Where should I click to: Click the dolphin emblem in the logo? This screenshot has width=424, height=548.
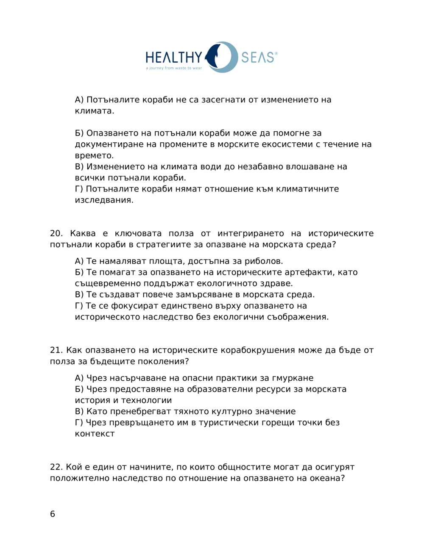point(217,57)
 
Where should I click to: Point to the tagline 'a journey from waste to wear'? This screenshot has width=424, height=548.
point(174,68)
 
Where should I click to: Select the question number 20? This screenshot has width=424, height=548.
point(56,233)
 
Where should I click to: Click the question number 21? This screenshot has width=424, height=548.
point(56,350)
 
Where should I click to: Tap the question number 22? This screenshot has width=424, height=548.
point(56,467)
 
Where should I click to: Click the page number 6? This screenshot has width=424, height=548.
point(53,514)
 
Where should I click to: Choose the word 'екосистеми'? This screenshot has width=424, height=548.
point(288,144)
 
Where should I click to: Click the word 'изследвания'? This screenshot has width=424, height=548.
point(104,200)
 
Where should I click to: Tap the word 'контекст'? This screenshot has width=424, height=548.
point(95,434)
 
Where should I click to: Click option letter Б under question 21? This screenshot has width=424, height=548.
point(78,389)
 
